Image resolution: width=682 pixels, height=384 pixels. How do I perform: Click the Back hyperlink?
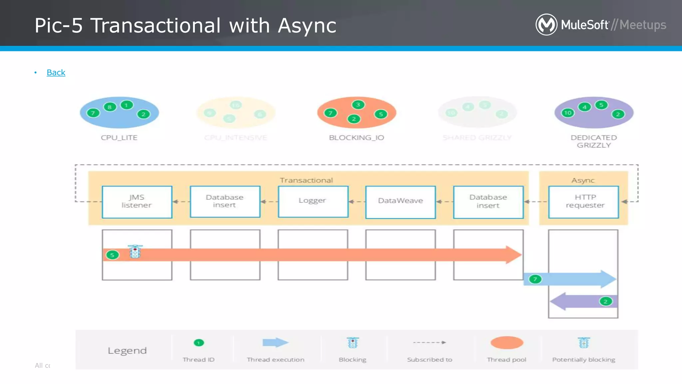click(56, 72)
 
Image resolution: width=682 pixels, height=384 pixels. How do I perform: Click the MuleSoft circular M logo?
click(546, 24)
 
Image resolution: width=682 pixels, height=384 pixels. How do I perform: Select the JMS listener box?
click(137, 202)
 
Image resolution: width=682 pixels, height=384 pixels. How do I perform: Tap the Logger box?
click(313, 201)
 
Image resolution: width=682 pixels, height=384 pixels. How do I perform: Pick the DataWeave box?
click(400, 202)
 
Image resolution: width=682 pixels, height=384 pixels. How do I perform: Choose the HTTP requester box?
click(583, 202)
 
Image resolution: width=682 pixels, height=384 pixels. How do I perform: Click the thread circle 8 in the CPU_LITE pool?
click(110, 107)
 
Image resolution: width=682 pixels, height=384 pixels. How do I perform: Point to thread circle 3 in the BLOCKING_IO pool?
click(358, 105)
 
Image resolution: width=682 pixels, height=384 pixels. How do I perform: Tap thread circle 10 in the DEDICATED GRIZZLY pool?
click(567, 113)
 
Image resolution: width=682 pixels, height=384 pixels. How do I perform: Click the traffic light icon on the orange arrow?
click(135, 252)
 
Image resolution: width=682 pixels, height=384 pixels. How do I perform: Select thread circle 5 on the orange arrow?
click(112, 255)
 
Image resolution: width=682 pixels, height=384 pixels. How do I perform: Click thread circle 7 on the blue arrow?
click(535, 279)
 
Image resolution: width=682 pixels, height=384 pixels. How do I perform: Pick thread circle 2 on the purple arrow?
click(605, 301)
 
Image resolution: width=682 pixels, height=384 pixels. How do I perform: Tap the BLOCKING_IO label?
click(356, 138)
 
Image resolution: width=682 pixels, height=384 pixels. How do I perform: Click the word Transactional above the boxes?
click(306, 180)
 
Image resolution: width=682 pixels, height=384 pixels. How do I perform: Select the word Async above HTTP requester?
click(583, 180)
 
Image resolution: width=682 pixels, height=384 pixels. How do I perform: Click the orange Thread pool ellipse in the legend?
click(507, 343)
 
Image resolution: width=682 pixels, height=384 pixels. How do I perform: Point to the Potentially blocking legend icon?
click(583, 343)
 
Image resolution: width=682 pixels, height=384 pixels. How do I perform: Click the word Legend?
click(127, 351)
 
